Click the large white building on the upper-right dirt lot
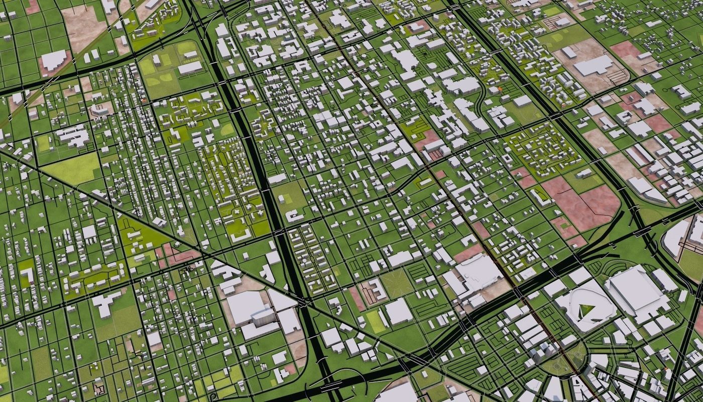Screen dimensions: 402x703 coord(594,65)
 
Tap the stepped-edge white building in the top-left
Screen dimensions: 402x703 coord(53,60)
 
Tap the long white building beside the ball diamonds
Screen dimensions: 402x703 coord(190,68)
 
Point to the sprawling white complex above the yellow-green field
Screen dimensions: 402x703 coord(73,135)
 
